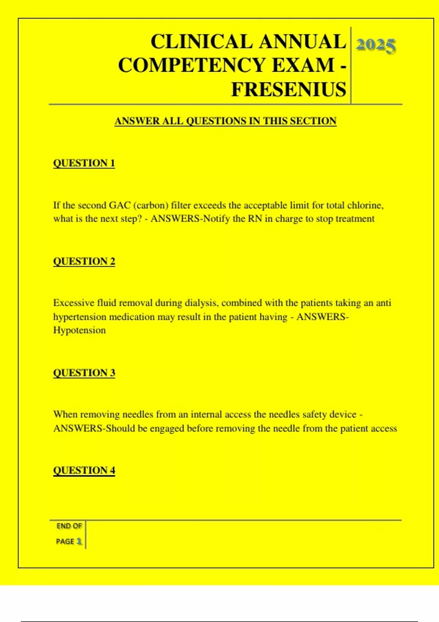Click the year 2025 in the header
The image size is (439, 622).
376,46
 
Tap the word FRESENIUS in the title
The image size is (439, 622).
289,89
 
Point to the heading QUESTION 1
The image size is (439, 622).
84,163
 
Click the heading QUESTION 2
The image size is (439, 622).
84,261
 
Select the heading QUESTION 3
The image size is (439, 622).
84,373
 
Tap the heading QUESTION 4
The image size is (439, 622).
84,470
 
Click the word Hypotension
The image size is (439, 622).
79,330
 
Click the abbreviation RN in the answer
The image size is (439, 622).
255,219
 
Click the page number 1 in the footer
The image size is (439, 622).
79,541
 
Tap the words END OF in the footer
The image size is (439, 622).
69,526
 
